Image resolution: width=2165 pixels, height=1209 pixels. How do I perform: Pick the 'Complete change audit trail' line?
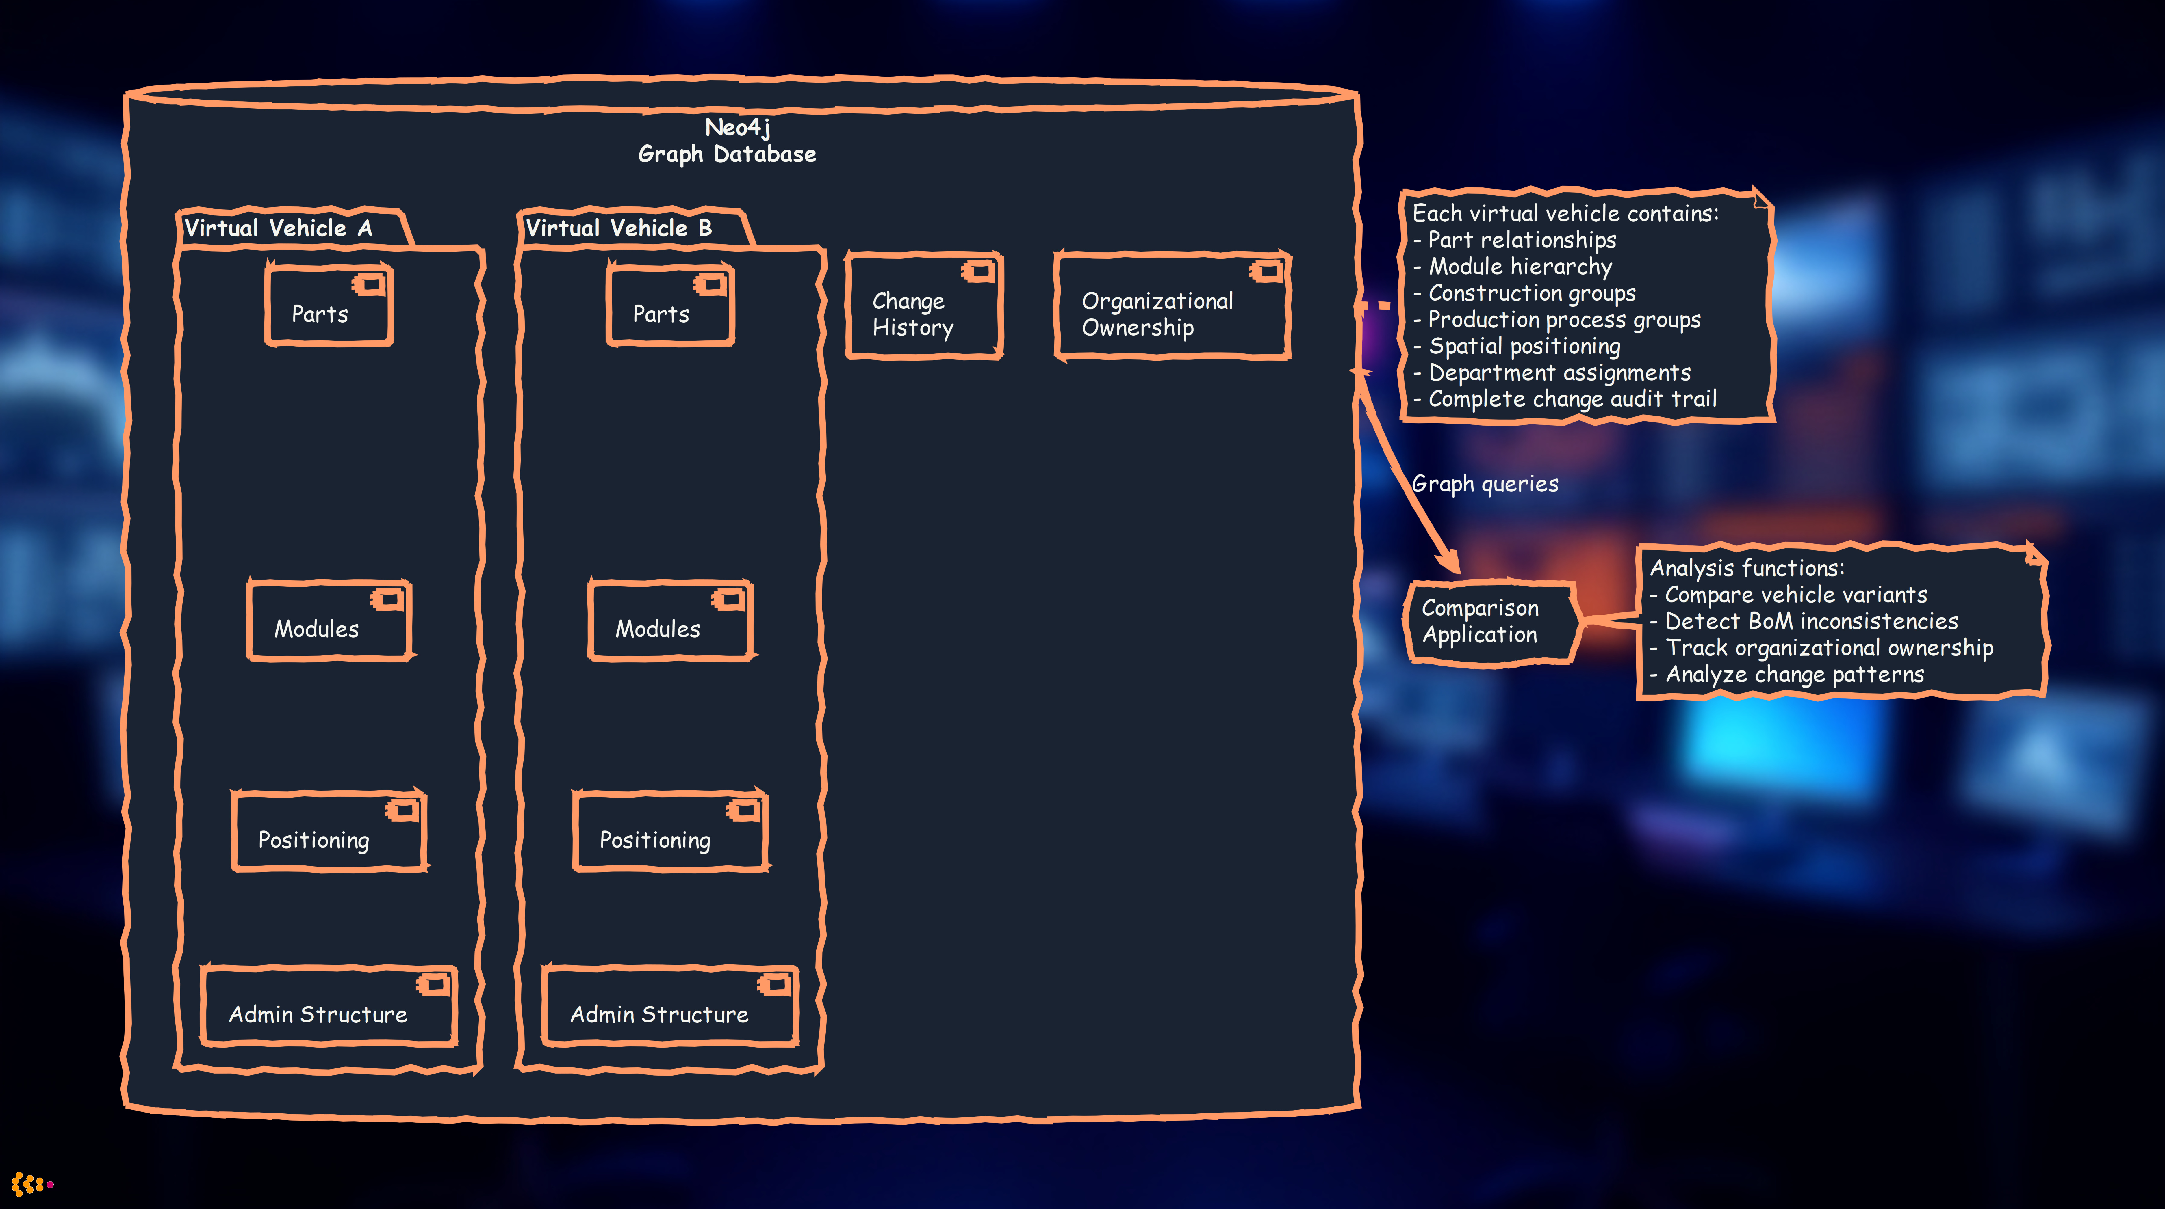click(x=1572, y=399)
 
